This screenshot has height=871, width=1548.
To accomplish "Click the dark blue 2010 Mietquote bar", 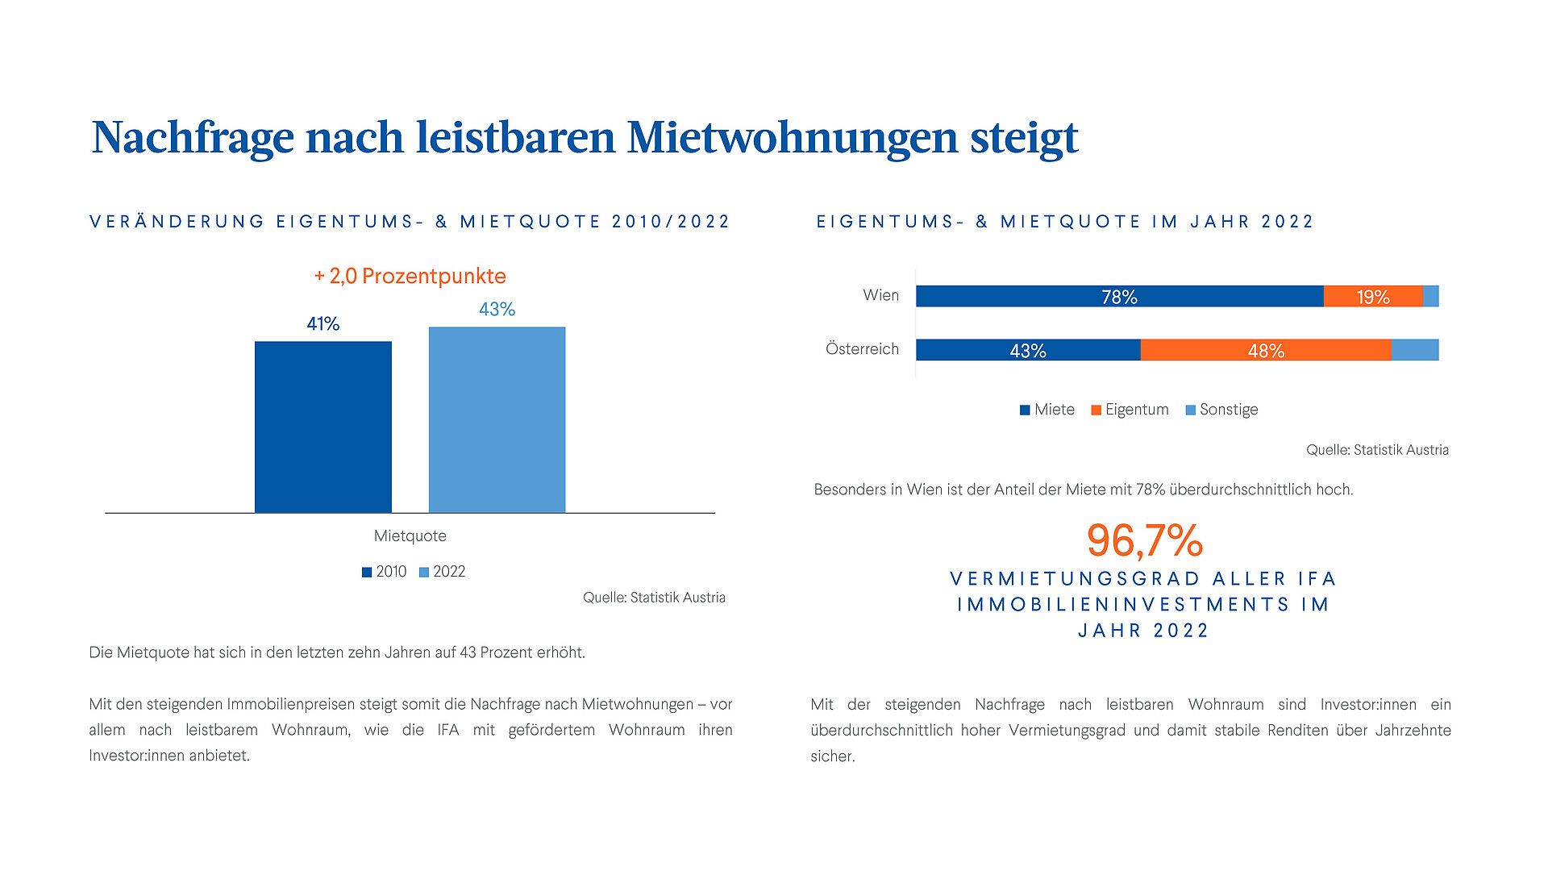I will (322, 427).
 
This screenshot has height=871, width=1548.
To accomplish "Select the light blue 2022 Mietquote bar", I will (497, 419).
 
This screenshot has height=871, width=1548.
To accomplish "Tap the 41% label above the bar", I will (322, 324).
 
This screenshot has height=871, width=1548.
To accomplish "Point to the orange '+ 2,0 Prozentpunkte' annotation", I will (410, 276).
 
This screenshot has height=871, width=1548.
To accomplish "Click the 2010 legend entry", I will (385, 572).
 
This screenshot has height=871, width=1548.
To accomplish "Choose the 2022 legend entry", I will (443, 572).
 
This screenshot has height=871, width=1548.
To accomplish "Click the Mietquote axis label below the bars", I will (410, 536).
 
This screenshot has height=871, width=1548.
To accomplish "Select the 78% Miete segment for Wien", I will (1119, 297).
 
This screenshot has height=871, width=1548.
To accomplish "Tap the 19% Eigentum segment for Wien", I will (1372, 297).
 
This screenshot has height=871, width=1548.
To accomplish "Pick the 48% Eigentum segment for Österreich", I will (1265, 350).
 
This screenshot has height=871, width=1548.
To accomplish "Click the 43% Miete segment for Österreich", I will (1028, 350).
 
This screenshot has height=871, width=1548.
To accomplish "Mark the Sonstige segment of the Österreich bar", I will (1414, 350).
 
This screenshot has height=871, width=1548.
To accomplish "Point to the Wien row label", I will (880, 295).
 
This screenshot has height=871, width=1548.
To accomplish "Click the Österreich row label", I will (862, 349).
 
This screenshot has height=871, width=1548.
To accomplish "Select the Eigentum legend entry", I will (1130, 410).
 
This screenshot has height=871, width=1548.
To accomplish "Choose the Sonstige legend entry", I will (1221, 410).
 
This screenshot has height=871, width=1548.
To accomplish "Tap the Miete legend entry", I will (1047, 410).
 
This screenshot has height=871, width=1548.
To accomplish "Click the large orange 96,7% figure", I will (1144, 540).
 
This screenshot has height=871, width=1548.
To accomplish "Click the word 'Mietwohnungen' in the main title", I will (792, 137).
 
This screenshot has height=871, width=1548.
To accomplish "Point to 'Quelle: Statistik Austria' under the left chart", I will (654, 598).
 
